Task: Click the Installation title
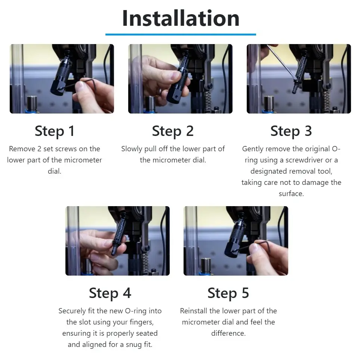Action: pos(181,18)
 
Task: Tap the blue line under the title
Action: pos(181,34)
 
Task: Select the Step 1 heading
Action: pos(55,131)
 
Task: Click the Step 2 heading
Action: pos(173,131)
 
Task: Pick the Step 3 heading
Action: pos(291,131)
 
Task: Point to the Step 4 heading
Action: pos(110,293)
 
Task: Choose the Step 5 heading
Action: pos(228,293)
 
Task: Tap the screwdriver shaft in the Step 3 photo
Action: pos(281,63)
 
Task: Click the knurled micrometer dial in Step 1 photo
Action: pos(63,70)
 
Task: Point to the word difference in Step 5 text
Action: pos(228,333)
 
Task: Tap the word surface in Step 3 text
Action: pos(291,194)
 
